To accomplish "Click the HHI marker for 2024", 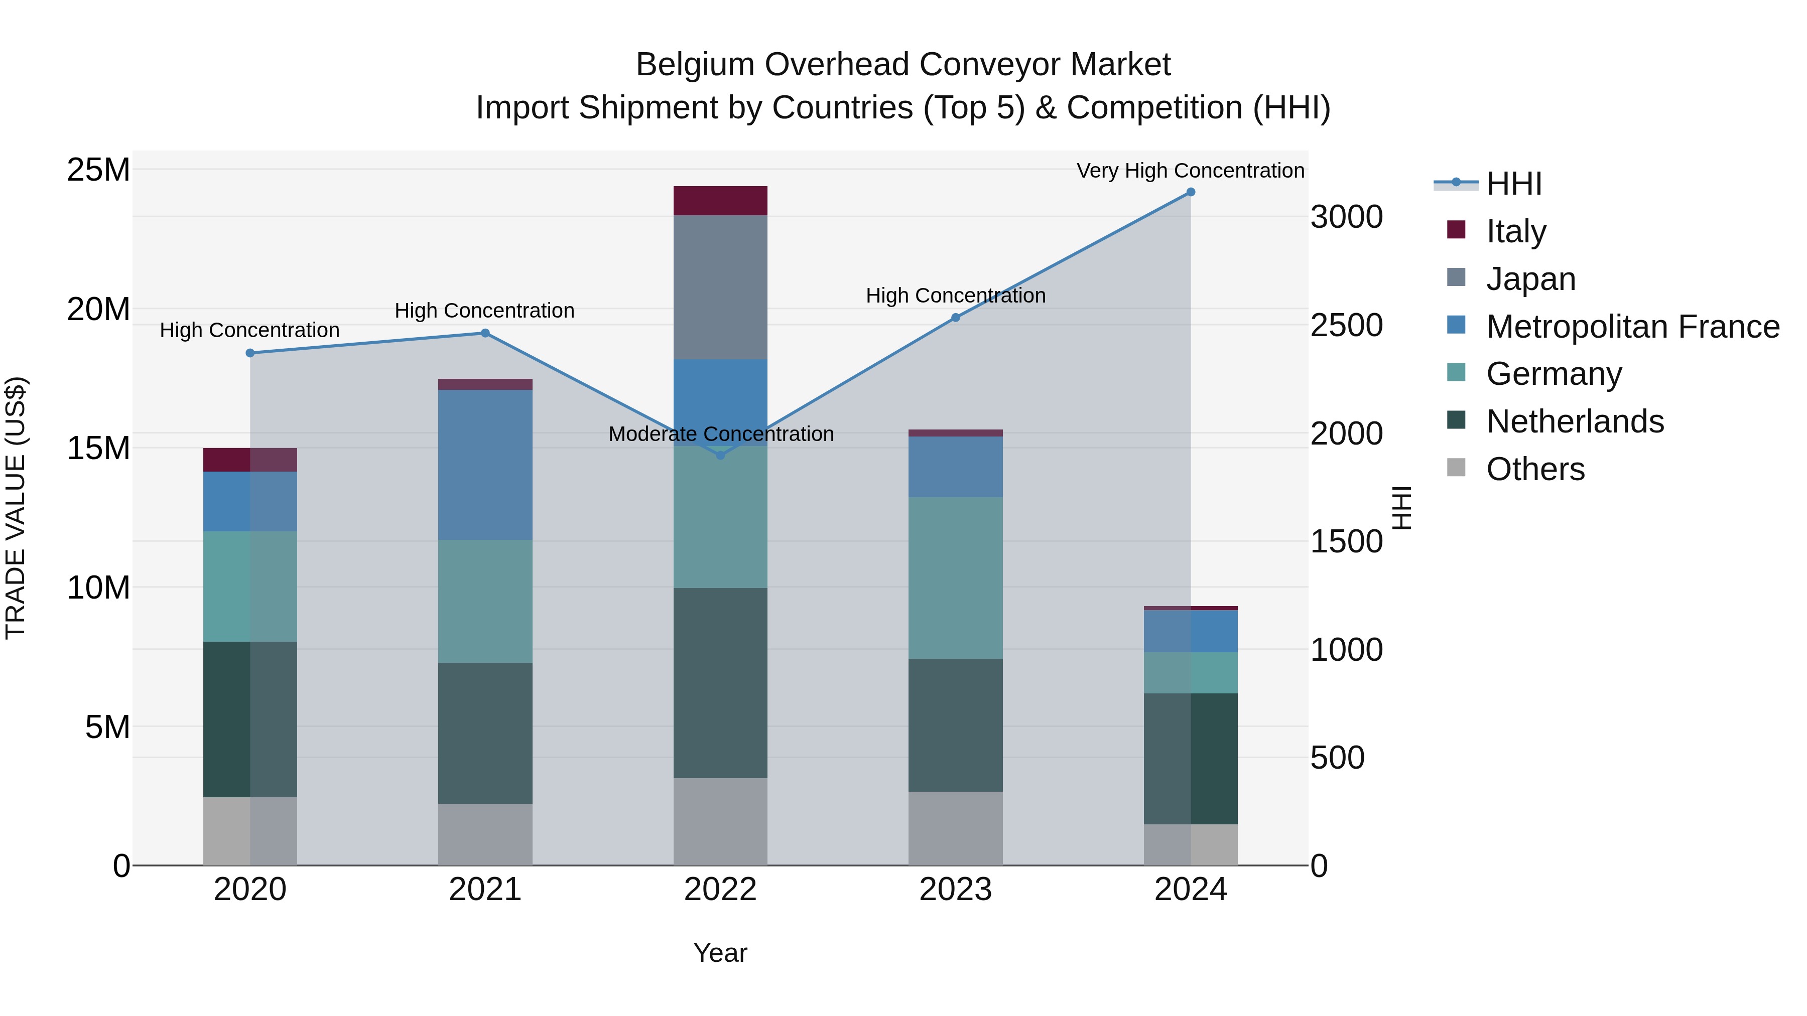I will (1191, 192).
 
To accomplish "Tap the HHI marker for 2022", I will (720, 455).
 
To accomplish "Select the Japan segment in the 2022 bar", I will (720, 287).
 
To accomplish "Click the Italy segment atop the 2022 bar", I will (720, 201).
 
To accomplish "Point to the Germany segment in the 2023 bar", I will (955, 578).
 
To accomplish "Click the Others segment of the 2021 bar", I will (485, 834).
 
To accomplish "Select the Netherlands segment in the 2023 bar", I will (955, 725).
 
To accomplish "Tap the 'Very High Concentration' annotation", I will (1191, 171).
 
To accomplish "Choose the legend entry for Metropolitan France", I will (1632, 327).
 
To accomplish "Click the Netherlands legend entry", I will (1575, 421).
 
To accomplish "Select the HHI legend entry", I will (1514, 184).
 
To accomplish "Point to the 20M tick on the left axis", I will (98, 309).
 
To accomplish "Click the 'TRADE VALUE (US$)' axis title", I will (16, 508).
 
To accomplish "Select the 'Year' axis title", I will (720, 953).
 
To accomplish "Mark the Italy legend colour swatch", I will (1456, 230).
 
